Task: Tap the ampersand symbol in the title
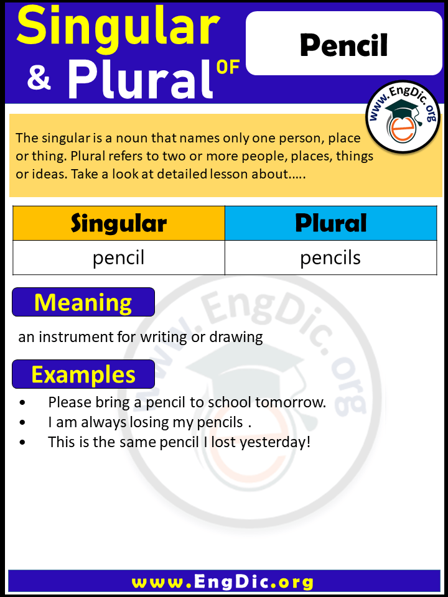[x=39, y=79]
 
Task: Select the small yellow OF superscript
[x=228, y=67]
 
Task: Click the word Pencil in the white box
[x=343, y=45]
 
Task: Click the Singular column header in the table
[x=118, y=223]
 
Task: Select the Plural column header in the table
[x=330, y=223]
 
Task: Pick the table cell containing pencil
[x=118, y=257]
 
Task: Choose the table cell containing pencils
[x=330, y=257]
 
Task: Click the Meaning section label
[x=83, y=302]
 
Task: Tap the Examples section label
[x=83, y=374]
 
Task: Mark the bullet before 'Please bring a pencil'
[x=23, y=403]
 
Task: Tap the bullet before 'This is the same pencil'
[x=23, y=443]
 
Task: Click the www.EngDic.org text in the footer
[x=223, y=582]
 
